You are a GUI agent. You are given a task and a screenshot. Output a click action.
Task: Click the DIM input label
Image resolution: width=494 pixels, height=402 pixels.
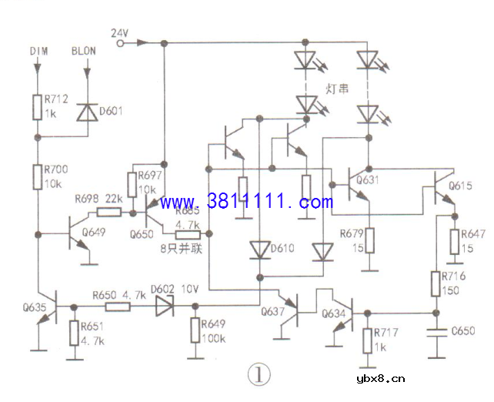point(38,52)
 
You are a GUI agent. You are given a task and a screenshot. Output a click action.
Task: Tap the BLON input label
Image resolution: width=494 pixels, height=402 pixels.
point(84,52)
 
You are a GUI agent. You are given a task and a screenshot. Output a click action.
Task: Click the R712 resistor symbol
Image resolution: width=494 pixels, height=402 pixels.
point(37,107)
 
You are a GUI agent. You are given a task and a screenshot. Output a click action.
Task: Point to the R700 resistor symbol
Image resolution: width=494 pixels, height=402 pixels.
point(37,179)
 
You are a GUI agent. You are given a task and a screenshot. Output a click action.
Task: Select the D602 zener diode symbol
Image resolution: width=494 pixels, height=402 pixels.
point(164,306)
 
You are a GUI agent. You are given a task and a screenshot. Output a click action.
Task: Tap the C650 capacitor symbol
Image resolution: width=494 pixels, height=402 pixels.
point(437,332)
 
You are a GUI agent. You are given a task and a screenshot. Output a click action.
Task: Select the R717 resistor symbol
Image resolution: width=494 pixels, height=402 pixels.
point(367,340)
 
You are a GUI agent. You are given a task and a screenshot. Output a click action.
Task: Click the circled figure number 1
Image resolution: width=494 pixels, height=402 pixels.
point(259,375)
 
